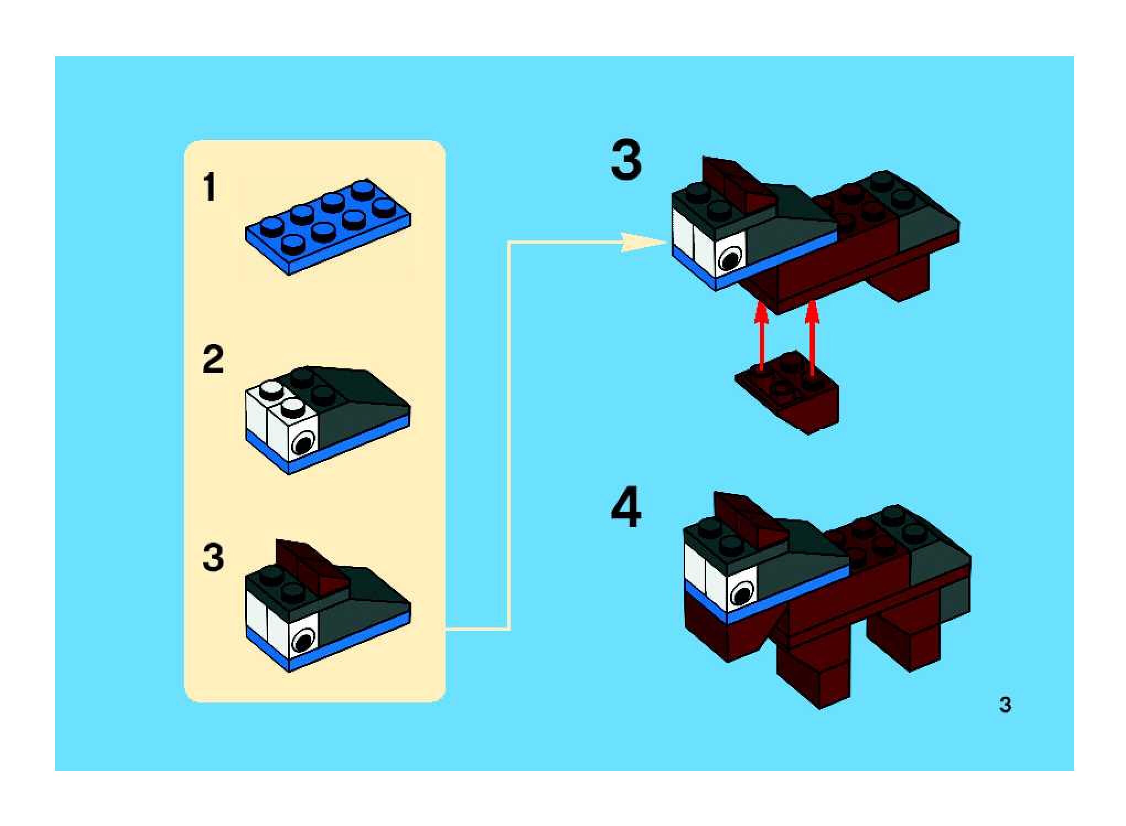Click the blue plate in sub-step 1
[328, 226]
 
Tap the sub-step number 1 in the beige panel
[209, 187]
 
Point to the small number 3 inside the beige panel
[213, 557]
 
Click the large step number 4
[626, 507]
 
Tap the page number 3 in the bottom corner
[1005, 705]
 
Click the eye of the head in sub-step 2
[303, 442]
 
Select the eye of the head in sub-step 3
[303, 641]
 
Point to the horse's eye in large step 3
[730, 257]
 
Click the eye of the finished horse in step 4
[742, 594]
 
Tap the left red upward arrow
[762, 336]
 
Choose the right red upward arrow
[812, 336]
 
